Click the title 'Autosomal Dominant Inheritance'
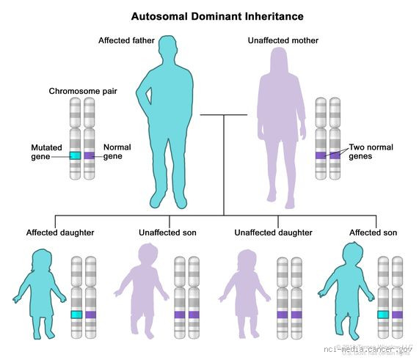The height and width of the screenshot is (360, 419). [206, 15]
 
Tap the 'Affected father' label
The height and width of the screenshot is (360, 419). [126, 40]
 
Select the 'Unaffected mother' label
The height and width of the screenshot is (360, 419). [283, 40]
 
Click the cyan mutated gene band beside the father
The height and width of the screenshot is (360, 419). [75, 155]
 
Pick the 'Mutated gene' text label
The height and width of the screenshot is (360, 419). [46, 152]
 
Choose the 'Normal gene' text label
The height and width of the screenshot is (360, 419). [117, 152]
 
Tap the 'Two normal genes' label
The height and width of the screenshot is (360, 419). [371, 152]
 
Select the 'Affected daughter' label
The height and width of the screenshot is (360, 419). [60, 232]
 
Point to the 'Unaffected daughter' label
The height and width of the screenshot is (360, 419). [273, 232]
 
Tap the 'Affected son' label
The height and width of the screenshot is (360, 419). [373, 232]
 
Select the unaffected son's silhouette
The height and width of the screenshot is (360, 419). [143, 290]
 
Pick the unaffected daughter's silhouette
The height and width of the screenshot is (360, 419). [246, 293]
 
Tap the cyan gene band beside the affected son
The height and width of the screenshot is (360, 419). [383, 314]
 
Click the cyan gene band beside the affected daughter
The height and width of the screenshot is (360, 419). [76, 314]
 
